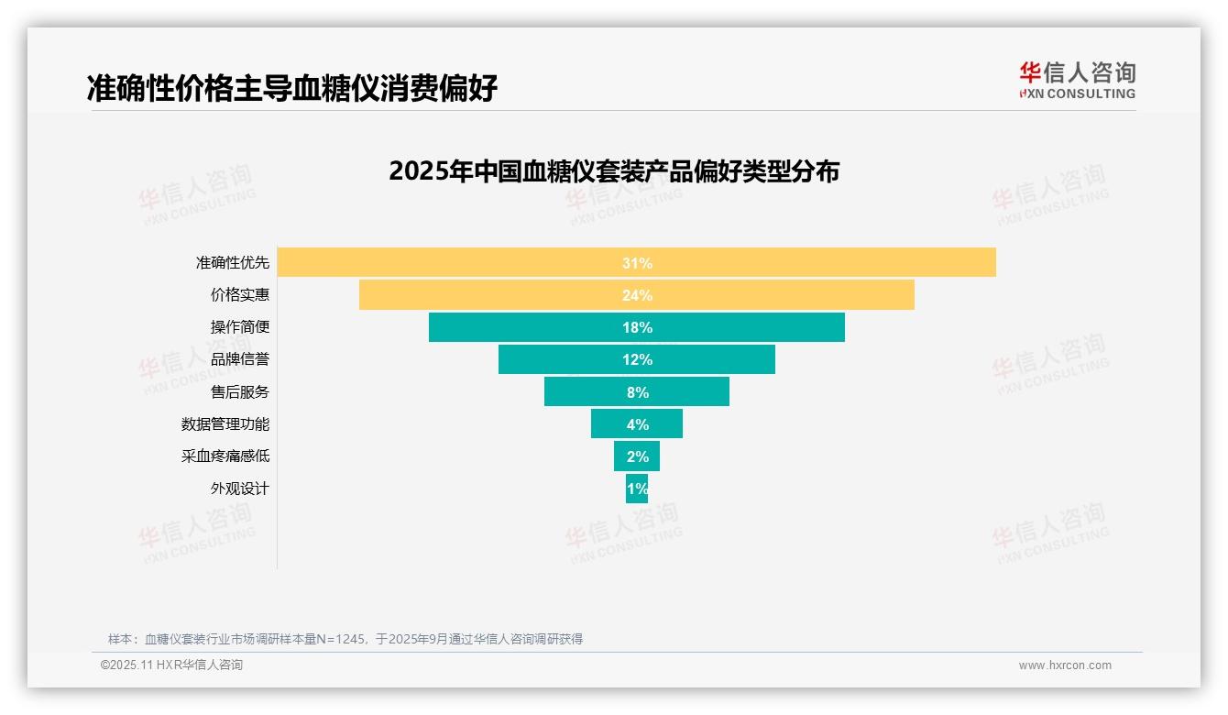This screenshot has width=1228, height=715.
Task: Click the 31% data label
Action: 637,263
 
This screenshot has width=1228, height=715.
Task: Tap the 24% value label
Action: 637,295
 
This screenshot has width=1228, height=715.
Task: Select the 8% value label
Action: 637,392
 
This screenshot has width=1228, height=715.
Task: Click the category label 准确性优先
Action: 233,263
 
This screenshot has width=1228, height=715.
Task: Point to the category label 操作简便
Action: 240,327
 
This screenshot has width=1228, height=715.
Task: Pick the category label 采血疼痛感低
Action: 225,456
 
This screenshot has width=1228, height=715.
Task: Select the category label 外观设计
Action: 240,489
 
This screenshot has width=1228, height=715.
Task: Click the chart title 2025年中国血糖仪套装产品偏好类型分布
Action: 614,171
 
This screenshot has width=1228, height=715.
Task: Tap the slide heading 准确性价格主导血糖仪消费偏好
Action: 292,89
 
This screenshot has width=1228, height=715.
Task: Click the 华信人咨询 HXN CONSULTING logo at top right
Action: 1077,81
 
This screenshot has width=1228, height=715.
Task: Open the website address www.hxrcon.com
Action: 1065,665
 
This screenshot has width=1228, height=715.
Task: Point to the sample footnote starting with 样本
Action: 345,639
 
